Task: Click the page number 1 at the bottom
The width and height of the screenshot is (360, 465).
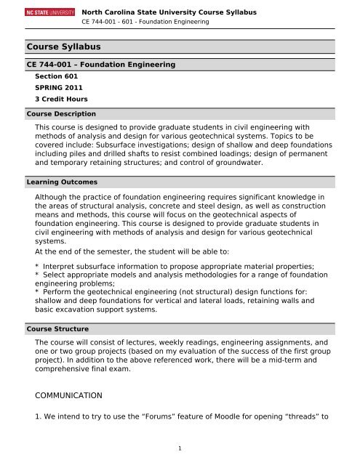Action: [180, 448]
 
